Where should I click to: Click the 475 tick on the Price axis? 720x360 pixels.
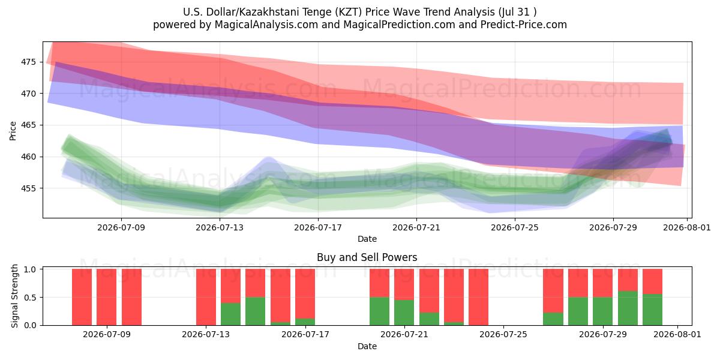tap(28, 62)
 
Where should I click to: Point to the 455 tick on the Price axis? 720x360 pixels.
tap(28, 188)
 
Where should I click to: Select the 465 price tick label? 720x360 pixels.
tap(28, 125)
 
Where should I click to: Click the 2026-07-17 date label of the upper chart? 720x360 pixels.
tap(318, 227)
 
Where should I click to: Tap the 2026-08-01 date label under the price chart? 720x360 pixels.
tap(687, 227)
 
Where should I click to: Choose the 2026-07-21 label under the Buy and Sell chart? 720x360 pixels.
tap(404, 335)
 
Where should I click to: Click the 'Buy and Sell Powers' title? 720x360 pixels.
tap(367, 257)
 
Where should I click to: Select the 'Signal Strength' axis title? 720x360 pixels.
tap(14, 296)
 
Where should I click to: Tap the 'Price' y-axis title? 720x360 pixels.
tap(13, 131)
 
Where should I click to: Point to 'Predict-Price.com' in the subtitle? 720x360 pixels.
tap(524, 25)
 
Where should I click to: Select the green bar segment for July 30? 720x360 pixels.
tap(628, 308)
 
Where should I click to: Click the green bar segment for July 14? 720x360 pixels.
tap(230, 314)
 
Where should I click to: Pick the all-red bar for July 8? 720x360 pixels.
tap(106, 297)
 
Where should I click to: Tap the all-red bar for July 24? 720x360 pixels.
tap(478, 297)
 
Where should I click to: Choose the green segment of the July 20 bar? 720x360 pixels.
tap(379, 311)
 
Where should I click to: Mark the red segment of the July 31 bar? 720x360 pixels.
tap(653, 281)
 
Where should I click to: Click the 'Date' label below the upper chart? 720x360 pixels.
tap(367, 239)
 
